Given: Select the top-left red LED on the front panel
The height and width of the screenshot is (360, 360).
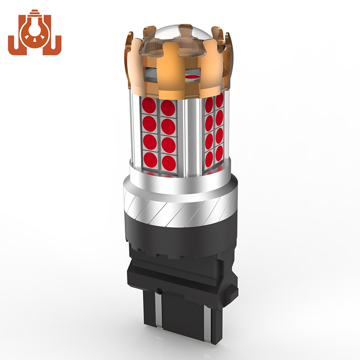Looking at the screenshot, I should (149, 106).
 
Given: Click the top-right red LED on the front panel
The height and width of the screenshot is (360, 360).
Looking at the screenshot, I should (168, 108).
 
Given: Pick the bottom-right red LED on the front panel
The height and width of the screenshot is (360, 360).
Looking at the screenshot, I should (169, 162).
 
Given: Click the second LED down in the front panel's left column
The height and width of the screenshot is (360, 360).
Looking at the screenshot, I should (149, 124).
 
